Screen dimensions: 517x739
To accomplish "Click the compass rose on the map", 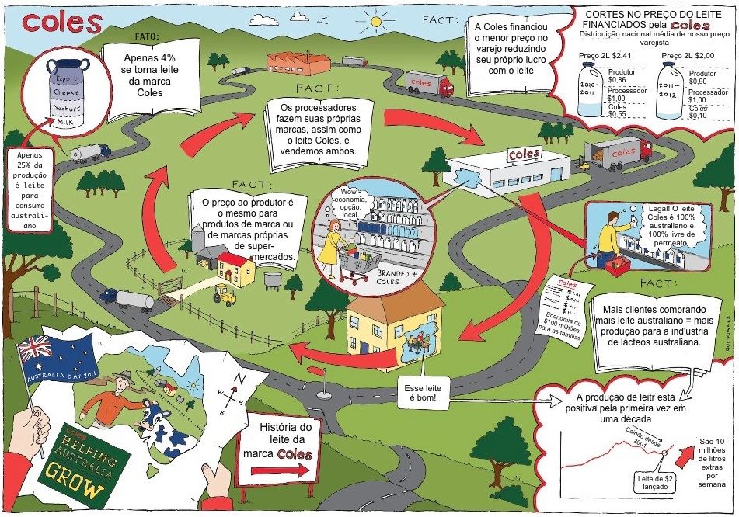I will coord(239,392).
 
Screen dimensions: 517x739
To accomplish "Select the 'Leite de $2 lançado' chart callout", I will coord(653,481).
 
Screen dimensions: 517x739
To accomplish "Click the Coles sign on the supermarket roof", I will coord(525,154).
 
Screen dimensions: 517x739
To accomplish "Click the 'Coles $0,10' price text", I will coord(702,112).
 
